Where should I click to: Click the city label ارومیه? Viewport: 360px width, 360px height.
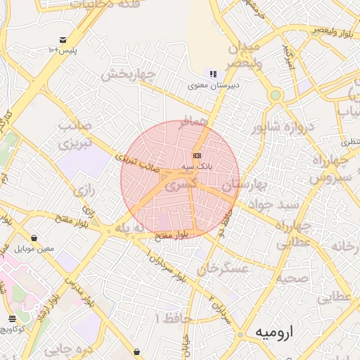click(273, 331)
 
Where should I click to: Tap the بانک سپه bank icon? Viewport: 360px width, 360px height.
click(198, 155)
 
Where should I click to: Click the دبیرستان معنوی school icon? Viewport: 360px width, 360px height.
click(212, 74)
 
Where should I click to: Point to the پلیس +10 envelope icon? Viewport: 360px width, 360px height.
click(63, 39)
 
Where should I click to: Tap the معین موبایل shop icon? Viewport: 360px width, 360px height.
click(34, 238)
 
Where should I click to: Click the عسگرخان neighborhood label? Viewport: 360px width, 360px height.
click(224, 269)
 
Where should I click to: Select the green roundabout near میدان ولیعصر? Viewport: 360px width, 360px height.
click(275, 95)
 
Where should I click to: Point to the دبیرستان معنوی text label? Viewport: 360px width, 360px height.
click(214, 86)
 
